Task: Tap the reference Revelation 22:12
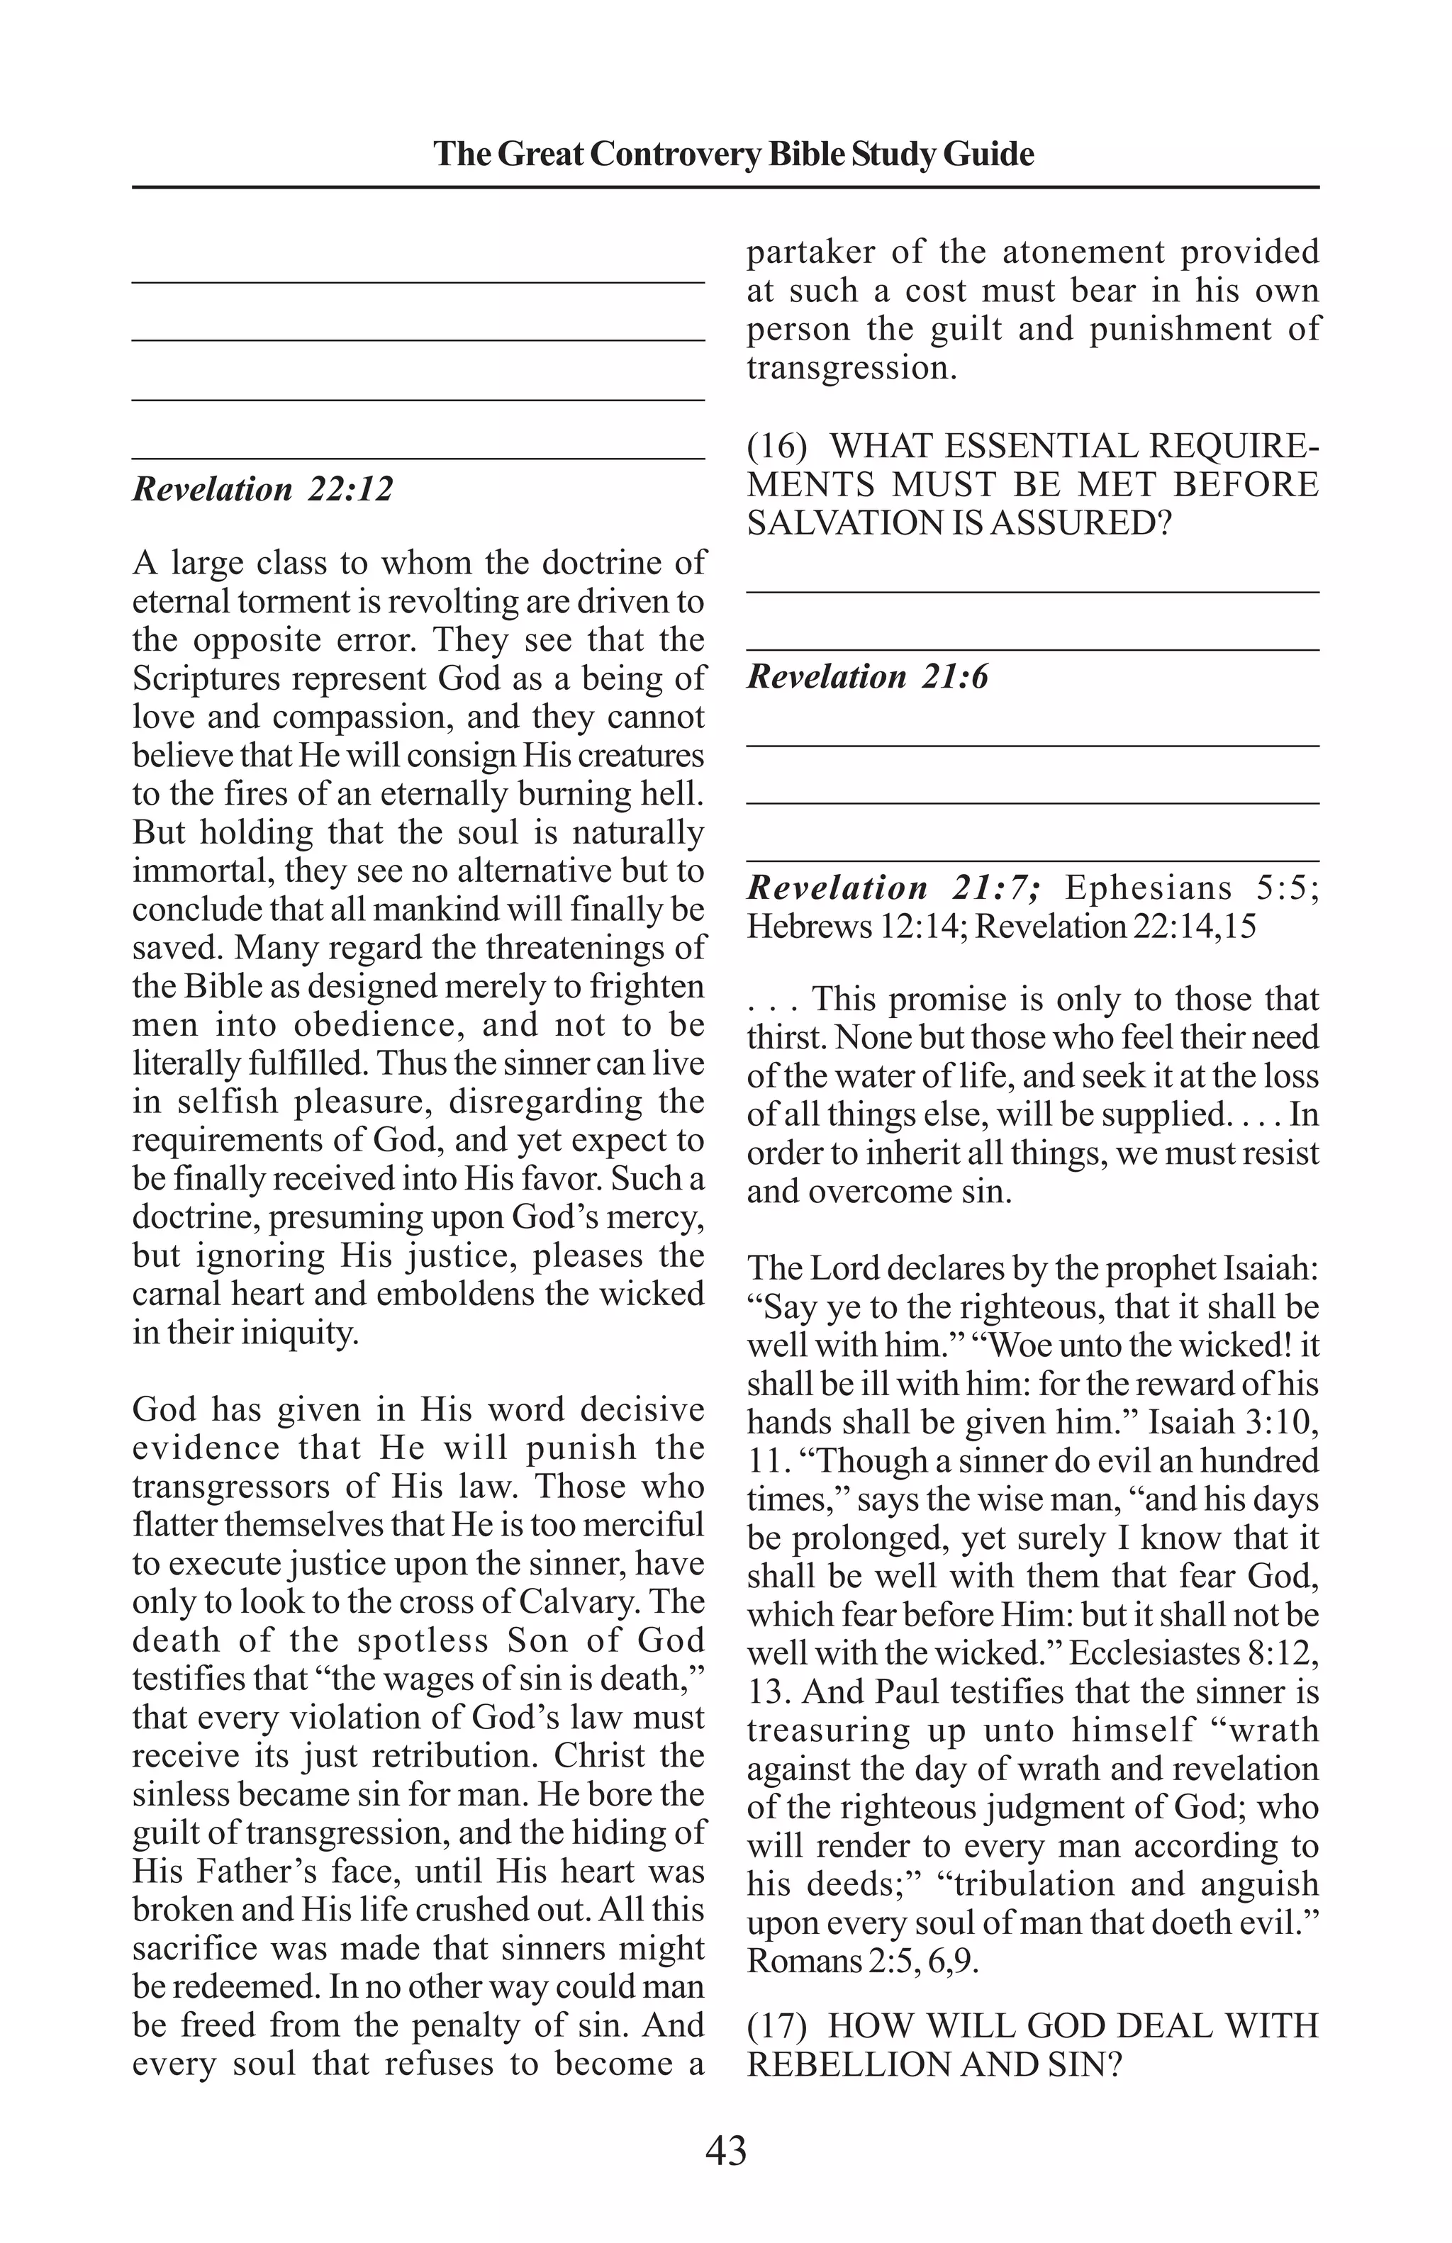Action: [x=263, y=489]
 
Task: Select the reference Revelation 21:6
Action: [x=868, y=677]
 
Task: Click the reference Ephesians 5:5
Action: [x=1192, y=888]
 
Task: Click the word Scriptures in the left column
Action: [x=206, y=678]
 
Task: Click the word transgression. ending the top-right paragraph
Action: [x=851, y=367]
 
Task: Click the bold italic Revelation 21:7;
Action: [x=894, y=888]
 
